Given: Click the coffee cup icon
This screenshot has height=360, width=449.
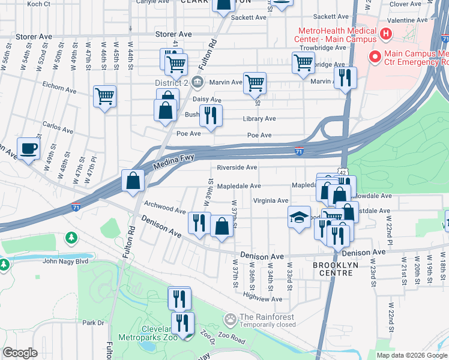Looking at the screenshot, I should pyautogui.click(x=28, y=149).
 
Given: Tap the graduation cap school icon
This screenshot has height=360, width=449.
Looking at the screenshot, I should pyautogui.click(x=299, y=218).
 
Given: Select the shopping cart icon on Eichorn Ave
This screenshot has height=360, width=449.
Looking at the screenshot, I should pyautogui.click(x=104, y=97).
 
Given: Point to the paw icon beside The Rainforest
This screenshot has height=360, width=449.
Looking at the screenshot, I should pyautogui.click(x=230, y=317).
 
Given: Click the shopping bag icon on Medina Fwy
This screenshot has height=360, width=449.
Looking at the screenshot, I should pyautogui.click(x=132, y=181).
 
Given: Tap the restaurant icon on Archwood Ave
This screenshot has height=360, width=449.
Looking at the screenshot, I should pyautogui.click(x=199, y=223).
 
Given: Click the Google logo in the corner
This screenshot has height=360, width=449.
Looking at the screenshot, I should pyautogui.click(x=20, y=353).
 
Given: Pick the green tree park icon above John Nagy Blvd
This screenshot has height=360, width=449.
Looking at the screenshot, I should pyautogui.click(x=71, y=238).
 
